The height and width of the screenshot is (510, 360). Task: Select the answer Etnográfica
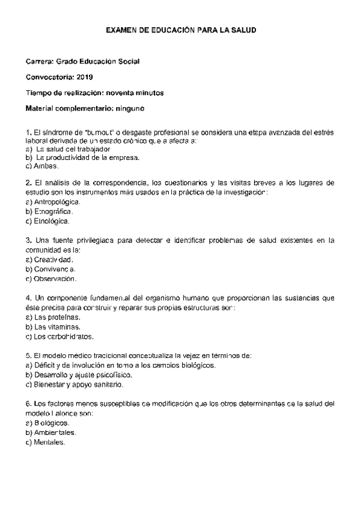[54, 212]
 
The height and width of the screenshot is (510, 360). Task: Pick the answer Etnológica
[53, 221]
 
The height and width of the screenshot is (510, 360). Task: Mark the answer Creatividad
[53, 260]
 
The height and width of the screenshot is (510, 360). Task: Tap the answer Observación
[55, 279]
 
